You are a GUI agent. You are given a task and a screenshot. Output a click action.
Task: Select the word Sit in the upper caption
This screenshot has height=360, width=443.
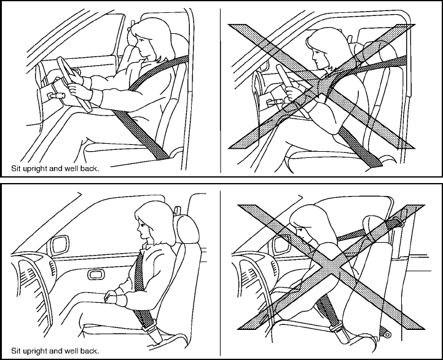click(x=15, y=166)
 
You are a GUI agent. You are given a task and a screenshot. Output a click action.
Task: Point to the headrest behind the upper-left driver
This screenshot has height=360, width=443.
click(x=179, y=47)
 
